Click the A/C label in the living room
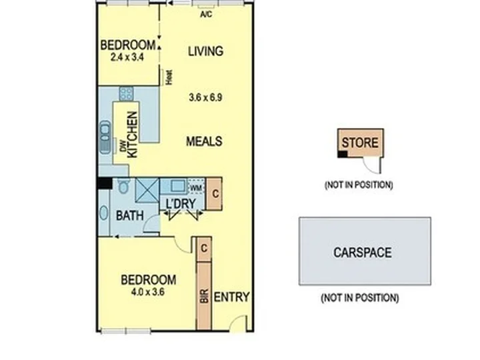click(x=206, y=15)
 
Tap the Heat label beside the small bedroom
click(x=169, y=77)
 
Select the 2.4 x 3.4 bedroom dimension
click(x=127, y=57)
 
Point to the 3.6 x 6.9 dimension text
click(x=205, y=97)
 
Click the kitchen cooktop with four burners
click(x=126, y=94)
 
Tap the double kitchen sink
click(x=105, y=137)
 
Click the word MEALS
click(x=204, y=141)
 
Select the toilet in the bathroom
click(x=123, y=185)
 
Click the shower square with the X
click(x=147, y=190)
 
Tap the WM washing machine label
click(x=195, y=187)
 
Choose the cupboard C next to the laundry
click(x=215, y=193)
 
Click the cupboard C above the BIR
click(x=204, y=249)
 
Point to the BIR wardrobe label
click(x=204, y=296)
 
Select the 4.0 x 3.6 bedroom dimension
click(x=148, y=292)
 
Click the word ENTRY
click(x=231, y=297)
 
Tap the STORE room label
click(x=360, y=143)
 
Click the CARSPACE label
click(x=363, y=253)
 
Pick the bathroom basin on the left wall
click(x=104, y=213)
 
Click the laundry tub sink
click(x=178, y=186)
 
